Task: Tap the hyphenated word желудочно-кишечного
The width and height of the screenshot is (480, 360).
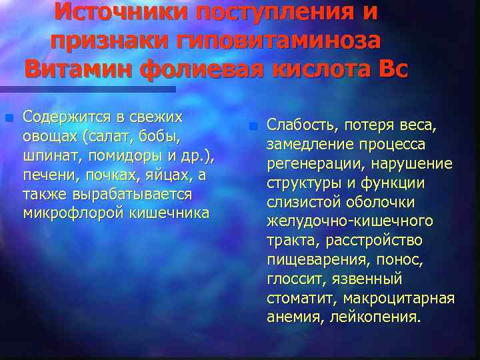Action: (349, 221)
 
